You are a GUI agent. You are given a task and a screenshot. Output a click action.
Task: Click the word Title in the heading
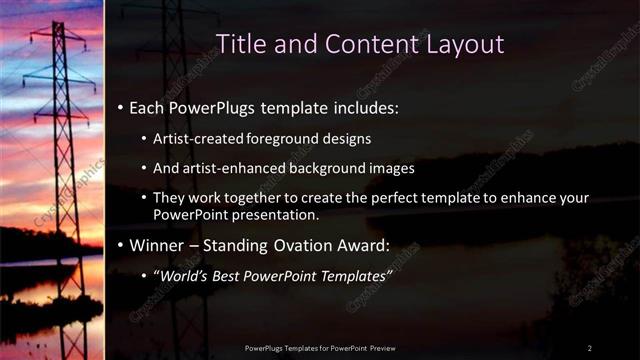[x=241, y=44]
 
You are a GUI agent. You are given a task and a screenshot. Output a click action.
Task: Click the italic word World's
[x=183, y=274]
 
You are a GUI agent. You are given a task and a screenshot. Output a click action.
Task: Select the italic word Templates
[x=351, y=274]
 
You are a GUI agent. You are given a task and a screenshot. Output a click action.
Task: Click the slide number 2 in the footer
[x=589, y=347]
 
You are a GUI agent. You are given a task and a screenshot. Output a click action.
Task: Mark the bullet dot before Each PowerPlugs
[x=121, y=106]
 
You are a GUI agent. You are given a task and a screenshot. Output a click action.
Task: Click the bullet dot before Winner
[x=121, y=245]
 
